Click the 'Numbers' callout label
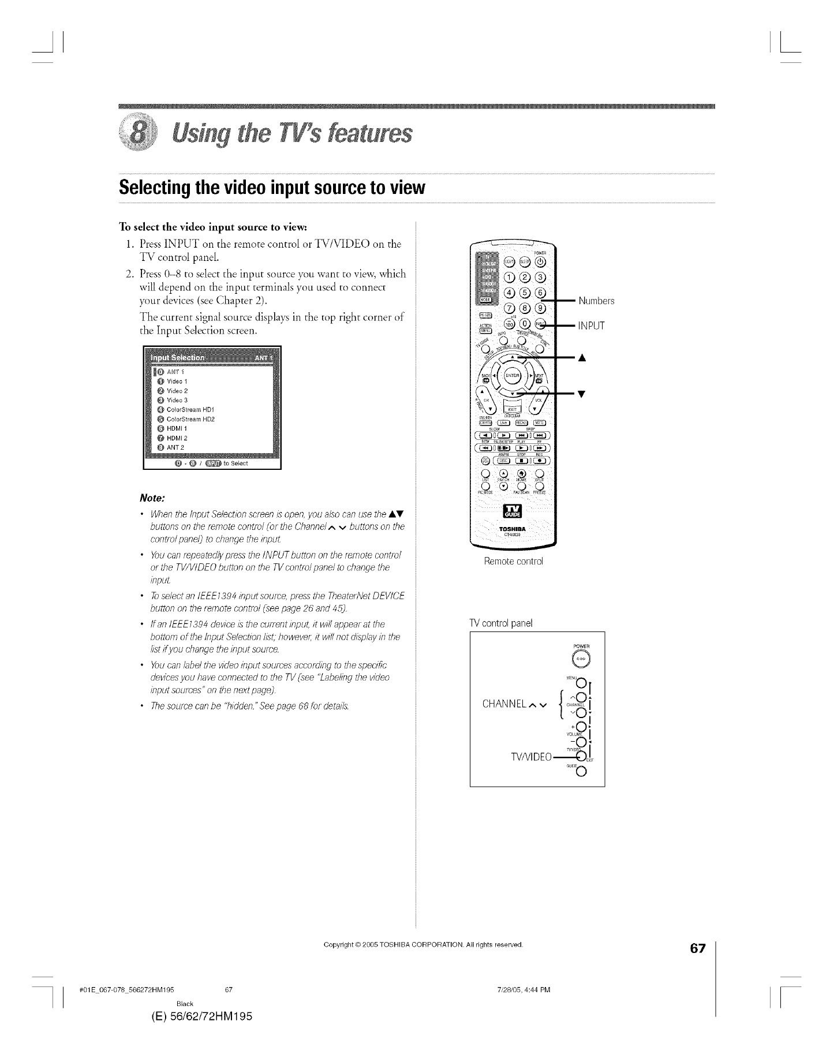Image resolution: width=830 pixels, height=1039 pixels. coord(596,301)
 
